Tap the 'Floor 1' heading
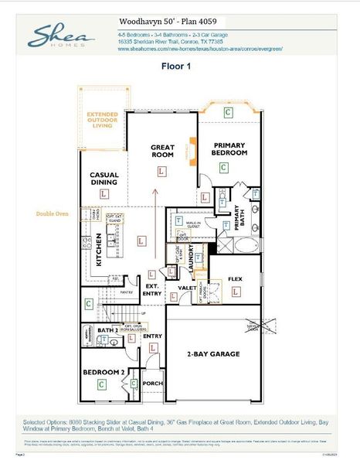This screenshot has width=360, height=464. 176,67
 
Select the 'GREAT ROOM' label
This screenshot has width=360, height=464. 161,150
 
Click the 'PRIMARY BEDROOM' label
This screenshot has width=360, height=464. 230,148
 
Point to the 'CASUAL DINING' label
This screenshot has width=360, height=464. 104,179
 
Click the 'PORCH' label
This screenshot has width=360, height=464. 153,382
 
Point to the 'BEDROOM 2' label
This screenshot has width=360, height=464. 104,373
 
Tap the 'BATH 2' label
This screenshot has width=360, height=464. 107,329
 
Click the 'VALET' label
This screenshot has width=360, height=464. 187,288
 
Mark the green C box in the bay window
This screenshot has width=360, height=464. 227,113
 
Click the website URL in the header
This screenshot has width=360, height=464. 200,49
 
